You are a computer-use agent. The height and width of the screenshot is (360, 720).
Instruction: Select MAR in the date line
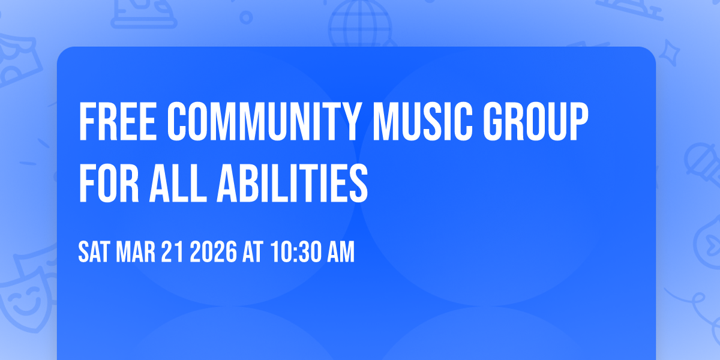tap(136, 253)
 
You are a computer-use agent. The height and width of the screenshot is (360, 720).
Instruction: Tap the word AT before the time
tap(253, 253)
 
